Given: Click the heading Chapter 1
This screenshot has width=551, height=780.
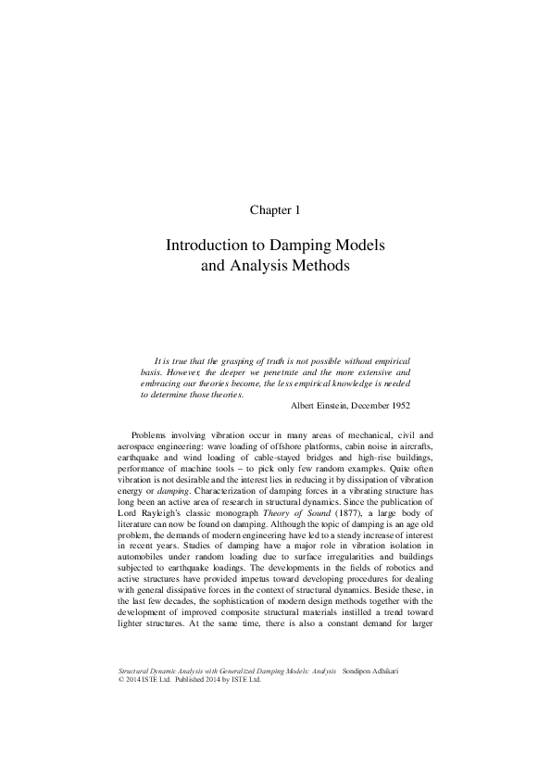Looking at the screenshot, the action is (x=275, y=210).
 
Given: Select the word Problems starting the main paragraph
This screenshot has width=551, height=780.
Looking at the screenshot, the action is (x=152, y=434).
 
